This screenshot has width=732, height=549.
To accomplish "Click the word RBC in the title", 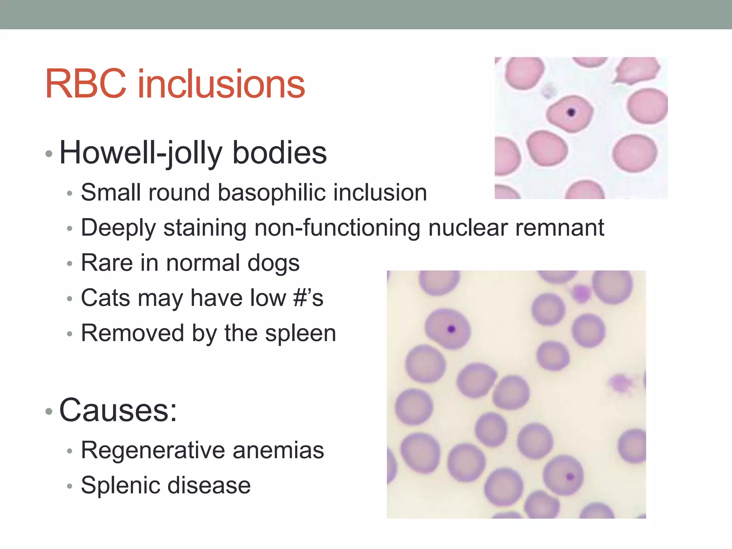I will [86, 84].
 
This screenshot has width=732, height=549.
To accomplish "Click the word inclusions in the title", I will [221, 84].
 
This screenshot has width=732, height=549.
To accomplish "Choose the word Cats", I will [105, 298].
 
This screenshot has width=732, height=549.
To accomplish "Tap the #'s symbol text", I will [308, 298].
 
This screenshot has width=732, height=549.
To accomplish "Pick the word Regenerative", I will [153, 450].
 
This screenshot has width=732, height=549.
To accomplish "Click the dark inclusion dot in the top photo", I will [571, 113].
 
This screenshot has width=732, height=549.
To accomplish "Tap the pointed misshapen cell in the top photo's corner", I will [638, 70].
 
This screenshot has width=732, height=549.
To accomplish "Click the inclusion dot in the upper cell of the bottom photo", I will [451, 328].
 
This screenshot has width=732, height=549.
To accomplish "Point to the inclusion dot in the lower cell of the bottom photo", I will [570, 476].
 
